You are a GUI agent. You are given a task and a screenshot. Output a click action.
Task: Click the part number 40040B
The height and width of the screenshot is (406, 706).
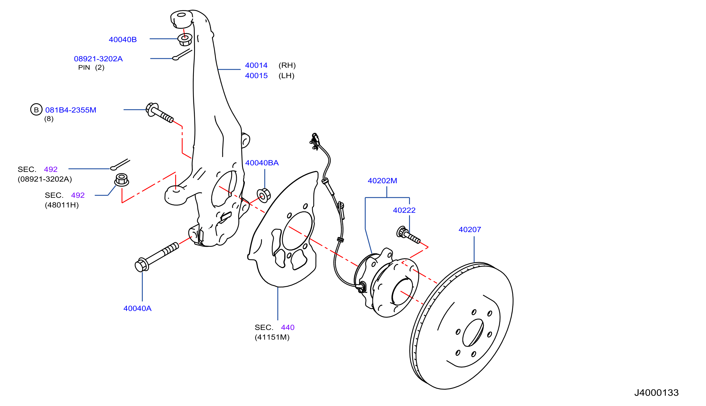[x=122, y=40]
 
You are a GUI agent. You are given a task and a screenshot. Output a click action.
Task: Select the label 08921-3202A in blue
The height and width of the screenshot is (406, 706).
[x=98, y=59]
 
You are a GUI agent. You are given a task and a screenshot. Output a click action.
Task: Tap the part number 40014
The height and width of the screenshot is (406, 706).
[x=256, y=65]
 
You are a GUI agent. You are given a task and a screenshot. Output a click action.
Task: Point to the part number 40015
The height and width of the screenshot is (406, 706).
[x=256, y=76]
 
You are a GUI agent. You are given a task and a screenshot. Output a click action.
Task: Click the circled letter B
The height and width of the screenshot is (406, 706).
[x=36, y=110]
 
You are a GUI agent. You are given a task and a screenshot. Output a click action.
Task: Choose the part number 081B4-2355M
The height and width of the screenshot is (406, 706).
[x=71, y=110]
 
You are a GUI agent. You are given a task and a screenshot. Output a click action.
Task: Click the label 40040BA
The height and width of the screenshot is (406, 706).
[x=262, y=163]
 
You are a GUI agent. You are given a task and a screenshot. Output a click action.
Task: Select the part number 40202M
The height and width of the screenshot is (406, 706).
[x=382, y=181]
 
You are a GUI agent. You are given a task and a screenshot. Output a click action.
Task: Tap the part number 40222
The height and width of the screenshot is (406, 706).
[x=404, y=210]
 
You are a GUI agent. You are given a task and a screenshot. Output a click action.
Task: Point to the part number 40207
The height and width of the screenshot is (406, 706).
[x=470, y=230]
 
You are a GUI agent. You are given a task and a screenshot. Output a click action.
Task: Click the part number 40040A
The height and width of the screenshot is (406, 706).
[x=137, y=308]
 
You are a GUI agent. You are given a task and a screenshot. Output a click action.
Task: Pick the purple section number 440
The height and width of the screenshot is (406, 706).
[x=288, y=327]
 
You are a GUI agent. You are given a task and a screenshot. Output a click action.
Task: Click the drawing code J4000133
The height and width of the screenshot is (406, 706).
[x=657, y=393]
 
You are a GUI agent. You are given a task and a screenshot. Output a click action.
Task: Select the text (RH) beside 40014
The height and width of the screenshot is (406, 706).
[x=287, y=65]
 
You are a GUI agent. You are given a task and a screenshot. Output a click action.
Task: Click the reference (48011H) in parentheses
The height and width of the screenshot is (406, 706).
[x=62, y=205]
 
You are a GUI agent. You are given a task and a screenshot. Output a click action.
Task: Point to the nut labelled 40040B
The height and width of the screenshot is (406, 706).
[x=185, y=40]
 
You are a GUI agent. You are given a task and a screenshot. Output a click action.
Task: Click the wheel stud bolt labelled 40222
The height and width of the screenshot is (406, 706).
[x=408, y=235]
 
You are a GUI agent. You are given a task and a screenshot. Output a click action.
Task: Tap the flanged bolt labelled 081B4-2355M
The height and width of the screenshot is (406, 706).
[x=159, y=113]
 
